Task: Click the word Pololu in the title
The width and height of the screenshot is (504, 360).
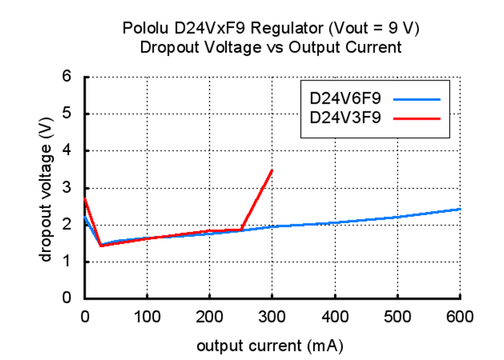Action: (145, 30)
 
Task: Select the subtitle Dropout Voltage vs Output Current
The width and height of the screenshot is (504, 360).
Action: (270, 48)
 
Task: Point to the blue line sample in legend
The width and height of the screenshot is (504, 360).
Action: (416, 97)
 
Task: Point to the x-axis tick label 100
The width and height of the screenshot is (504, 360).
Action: (147, 318)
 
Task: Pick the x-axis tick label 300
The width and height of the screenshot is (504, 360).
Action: (272, 318)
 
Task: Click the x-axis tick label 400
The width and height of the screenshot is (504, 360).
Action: (335, 318)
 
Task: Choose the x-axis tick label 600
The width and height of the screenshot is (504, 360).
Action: (459, 318)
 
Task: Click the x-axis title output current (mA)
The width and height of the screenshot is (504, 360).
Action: (271, 346)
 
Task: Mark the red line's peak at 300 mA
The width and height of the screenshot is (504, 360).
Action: (272, 170)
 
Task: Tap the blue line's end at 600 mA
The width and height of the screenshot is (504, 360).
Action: (459, 209)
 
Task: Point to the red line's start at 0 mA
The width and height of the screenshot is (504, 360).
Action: (86, 199)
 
